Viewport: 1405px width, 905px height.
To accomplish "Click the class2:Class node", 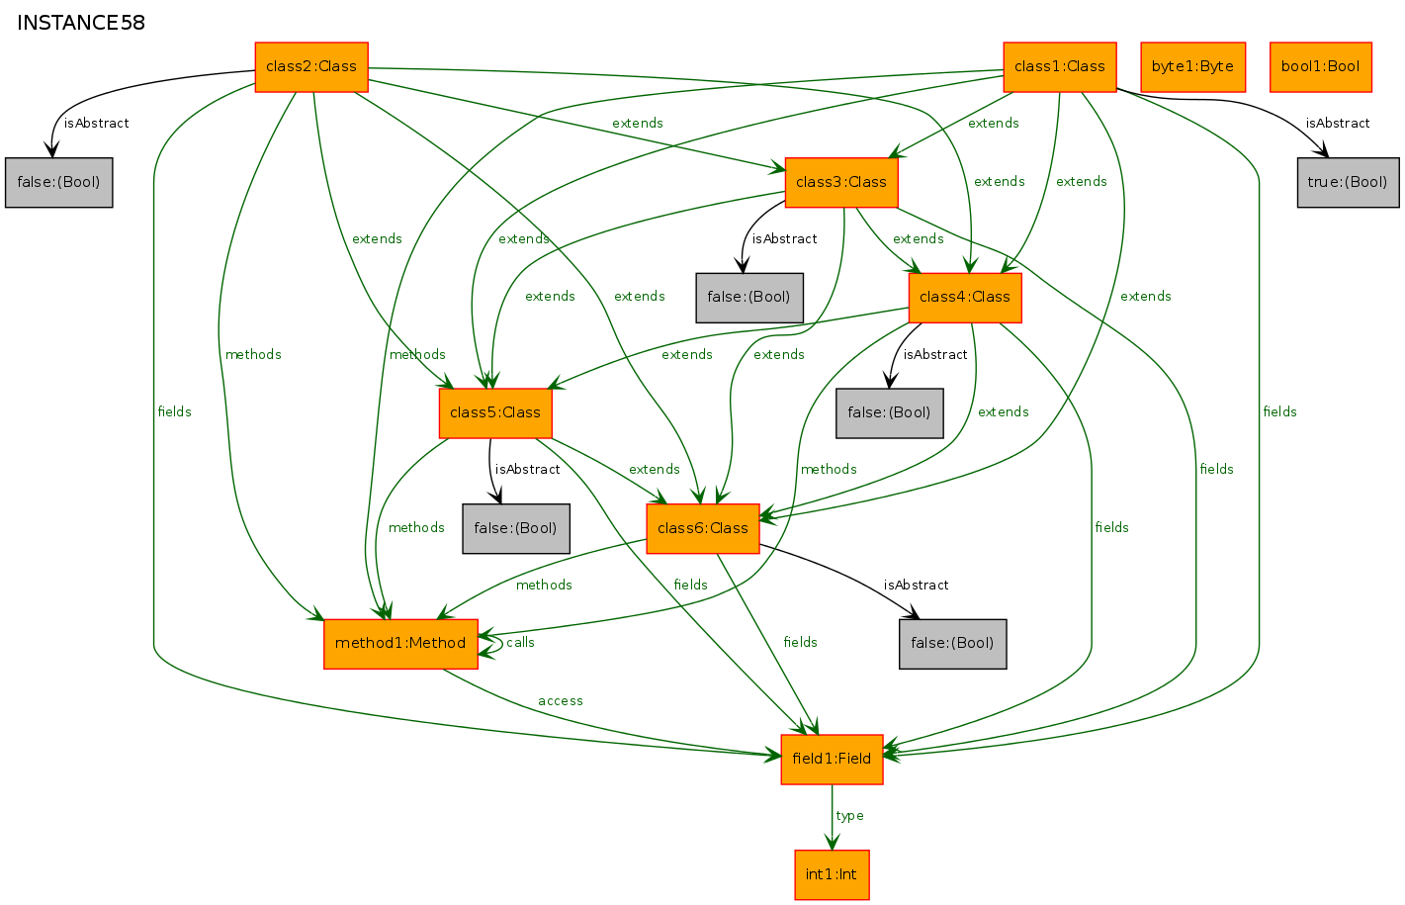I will (x=311, y=67).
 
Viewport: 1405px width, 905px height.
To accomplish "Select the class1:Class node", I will (x=1059, y=67).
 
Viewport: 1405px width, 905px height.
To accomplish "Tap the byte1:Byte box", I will (x=1192, y=67).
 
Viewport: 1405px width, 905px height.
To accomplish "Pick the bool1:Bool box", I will (x=1320, y=67).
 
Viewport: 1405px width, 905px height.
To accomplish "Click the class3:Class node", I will (x=840, y=182).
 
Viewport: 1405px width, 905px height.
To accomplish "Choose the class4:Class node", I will (x=964, y=298).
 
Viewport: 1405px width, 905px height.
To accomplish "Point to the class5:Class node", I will (x=494, y=412).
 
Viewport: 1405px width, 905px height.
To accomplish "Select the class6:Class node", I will (x=702, y=528).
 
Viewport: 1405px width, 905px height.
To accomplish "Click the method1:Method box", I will (x=400, y=644).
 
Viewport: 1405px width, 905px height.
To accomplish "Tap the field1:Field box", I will (x=832, y=759).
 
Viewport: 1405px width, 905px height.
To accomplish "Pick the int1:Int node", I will (x=832, y=874).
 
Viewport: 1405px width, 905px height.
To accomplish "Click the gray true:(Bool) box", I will (x=1348, y=182).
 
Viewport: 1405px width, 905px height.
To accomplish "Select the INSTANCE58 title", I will (x=81, y=23).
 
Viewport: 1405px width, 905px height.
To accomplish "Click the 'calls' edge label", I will (x=520, y=643).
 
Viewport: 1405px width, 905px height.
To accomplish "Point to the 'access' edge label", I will (x=561, y=701).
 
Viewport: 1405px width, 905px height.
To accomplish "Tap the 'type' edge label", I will (x=849, y=816).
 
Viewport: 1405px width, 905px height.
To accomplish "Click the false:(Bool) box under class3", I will (x=748, y=298).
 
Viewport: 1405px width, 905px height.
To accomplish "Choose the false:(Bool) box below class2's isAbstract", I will (x=58, y=182).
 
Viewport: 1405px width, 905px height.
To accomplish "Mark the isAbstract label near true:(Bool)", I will (x=1337, y=124).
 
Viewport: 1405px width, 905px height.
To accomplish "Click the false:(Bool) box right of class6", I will (x=952, y=644).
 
